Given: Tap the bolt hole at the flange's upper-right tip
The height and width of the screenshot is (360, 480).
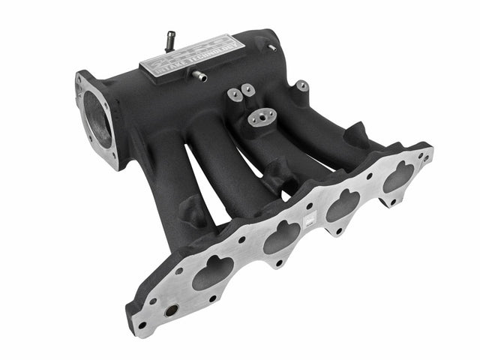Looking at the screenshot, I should point(424,157).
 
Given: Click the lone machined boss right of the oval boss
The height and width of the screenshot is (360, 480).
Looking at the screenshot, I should point(301,87).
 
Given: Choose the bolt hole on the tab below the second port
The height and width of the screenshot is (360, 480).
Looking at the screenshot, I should point(278,263).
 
